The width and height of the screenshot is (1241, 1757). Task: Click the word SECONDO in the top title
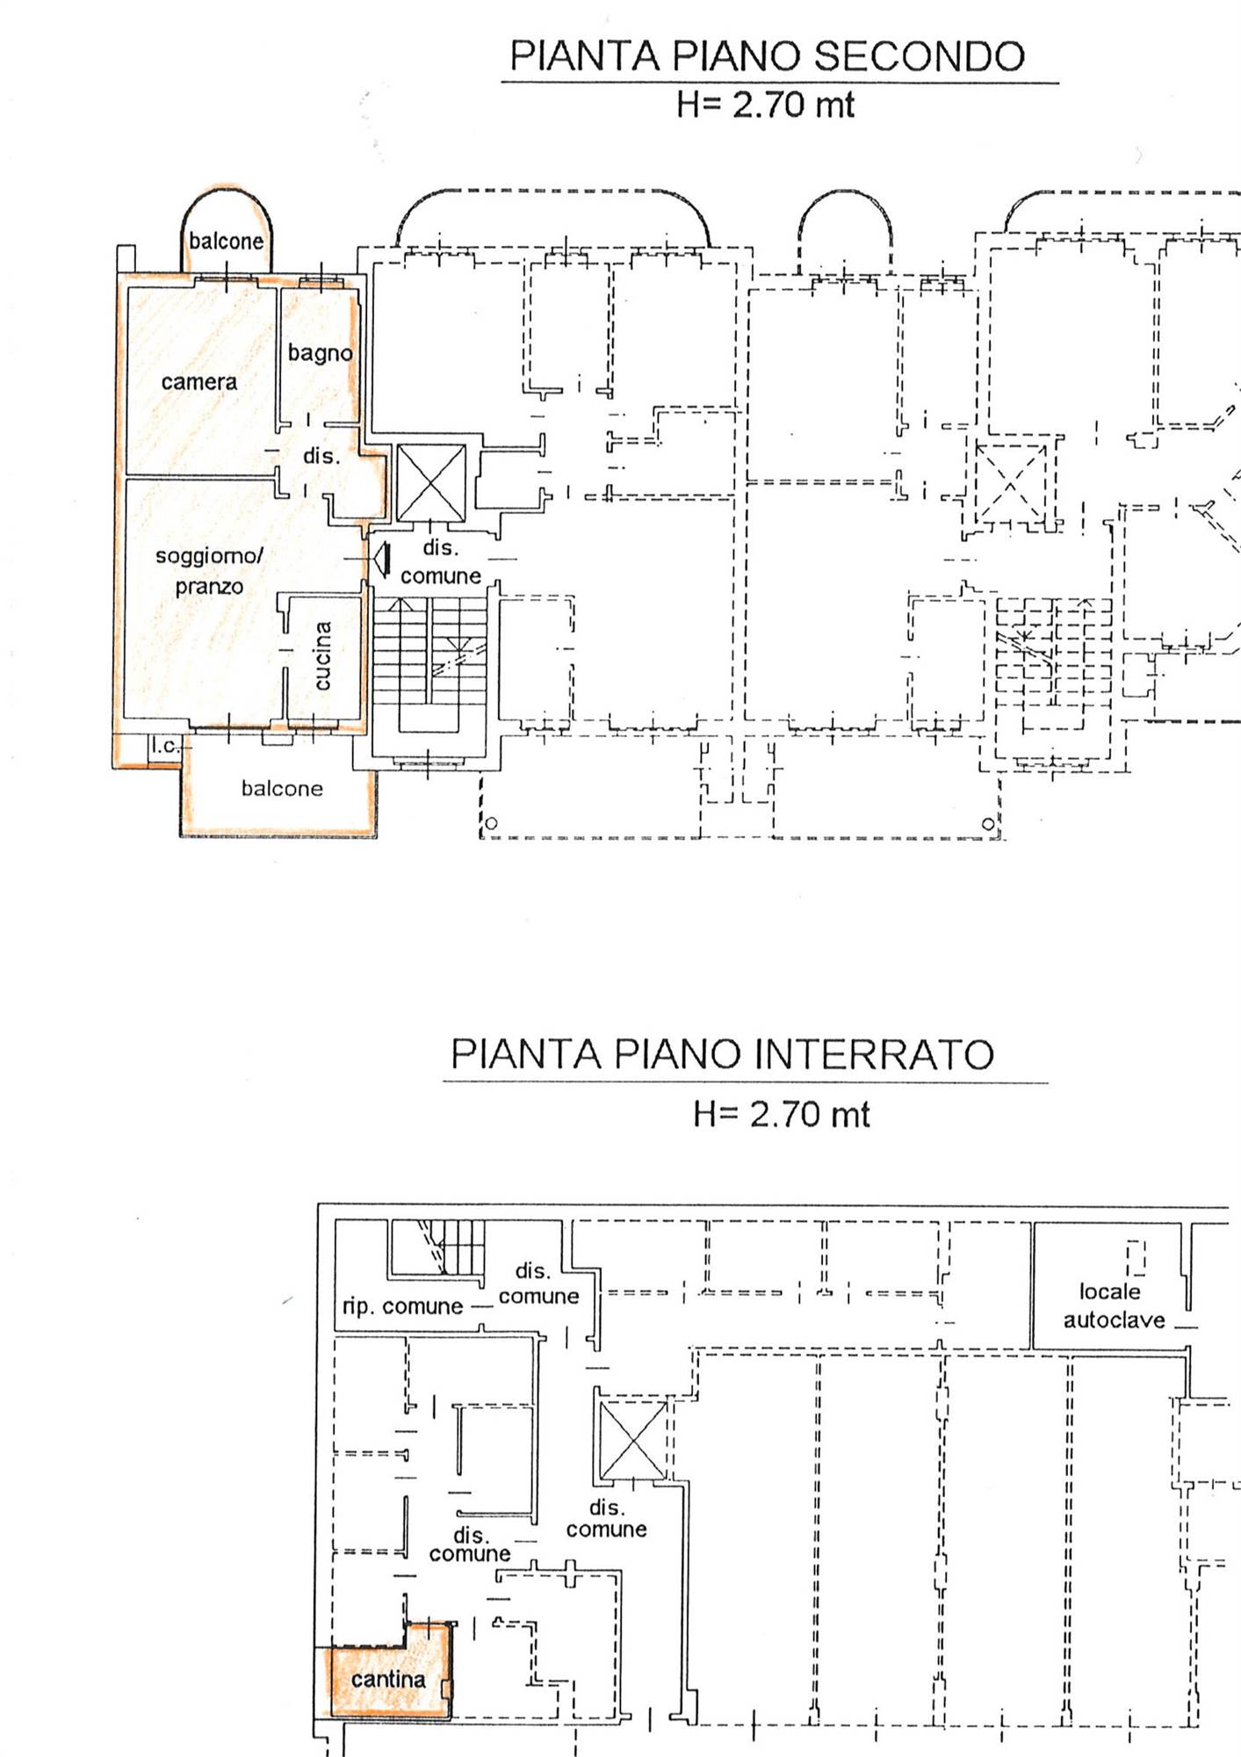[919, 55]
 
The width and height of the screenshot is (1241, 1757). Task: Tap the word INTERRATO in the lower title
[874, 1054]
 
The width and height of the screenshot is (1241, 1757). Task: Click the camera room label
[199, 382]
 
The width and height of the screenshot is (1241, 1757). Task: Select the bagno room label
[321, 353]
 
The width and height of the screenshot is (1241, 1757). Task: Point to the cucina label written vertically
[322, 655]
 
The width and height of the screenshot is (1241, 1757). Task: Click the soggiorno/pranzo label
[209, 571]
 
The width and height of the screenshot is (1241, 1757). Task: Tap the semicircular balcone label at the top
[226, 241]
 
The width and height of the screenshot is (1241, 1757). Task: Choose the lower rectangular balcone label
[282, 789]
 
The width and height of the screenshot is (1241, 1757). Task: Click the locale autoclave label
[1114, 1305]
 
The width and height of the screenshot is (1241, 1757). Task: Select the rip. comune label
[402, 1306]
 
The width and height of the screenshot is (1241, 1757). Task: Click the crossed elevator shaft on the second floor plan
[431, 482]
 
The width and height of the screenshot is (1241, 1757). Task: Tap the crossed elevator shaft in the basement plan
[632, 1441]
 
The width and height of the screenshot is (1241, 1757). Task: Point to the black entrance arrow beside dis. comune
[382, 560]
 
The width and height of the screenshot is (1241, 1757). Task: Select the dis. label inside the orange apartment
[321, 456]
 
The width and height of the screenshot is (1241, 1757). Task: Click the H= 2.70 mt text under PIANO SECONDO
[765, 105]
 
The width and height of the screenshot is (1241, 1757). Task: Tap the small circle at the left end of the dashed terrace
[491, 823]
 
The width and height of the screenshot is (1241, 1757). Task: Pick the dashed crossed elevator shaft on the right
[1011, 483]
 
